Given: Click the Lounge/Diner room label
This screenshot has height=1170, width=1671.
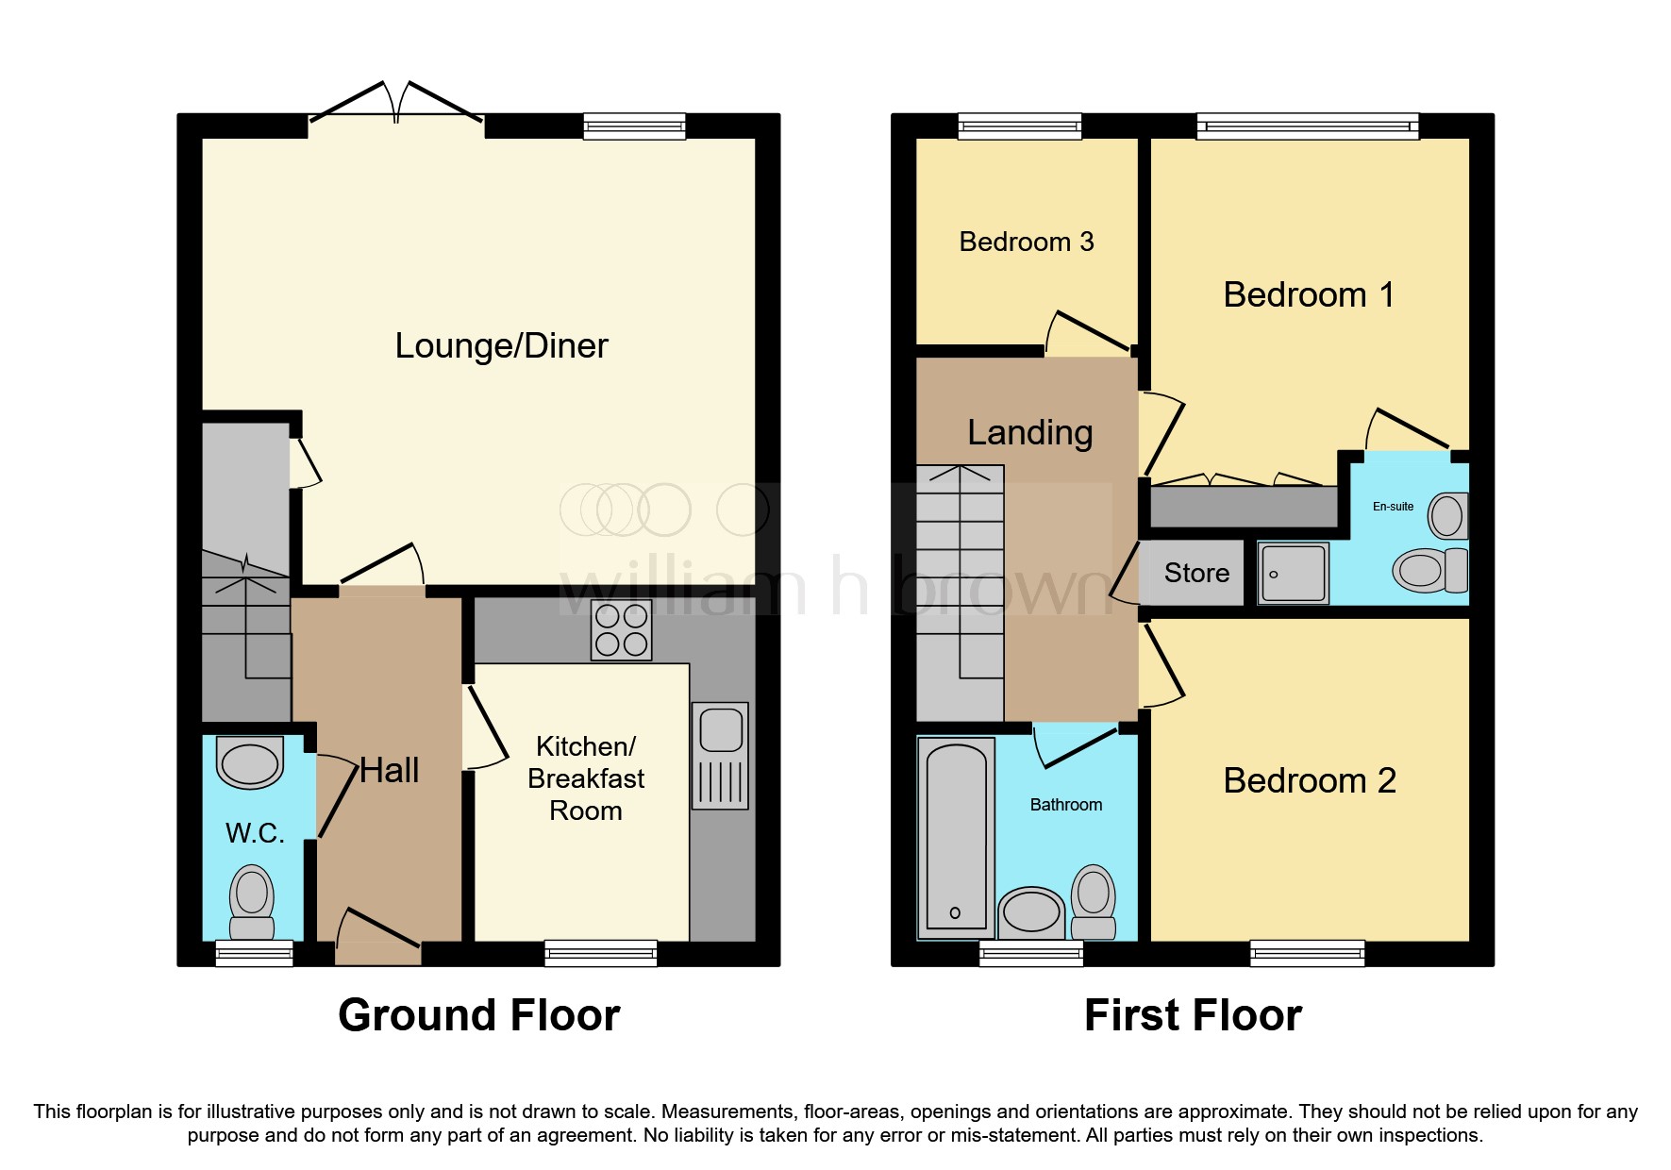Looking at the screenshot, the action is [x=501, y=346].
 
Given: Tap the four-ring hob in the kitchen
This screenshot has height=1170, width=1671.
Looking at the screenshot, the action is [x=622, y=630].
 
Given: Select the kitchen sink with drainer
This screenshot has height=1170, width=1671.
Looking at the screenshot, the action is [x=720, y=756].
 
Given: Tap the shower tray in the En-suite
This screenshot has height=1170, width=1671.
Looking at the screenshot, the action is [x=1294, y=573].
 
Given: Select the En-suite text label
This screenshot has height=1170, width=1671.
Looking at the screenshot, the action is [x=1393, y=507].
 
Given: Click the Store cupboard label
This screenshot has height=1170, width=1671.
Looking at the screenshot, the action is [x=1196, y=573].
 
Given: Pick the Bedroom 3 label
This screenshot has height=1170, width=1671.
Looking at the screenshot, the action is [x=1027, y=242].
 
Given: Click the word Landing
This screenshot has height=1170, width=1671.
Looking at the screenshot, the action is [x=1030, y=433].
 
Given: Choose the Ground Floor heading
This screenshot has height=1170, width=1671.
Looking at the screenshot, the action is [x=479, y=1015].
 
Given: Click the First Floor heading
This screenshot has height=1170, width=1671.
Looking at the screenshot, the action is [x=1193, y=1015].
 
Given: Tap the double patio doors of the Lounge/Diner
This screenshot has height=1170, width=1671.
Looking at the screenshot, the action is [x=397, y=104].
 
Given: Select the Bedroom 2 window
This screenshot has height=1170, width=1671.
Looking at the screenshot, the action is [x=1308, y=953].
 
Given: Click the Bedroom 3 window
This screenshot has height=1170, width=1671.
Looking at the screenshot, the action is [x=1020, y=126].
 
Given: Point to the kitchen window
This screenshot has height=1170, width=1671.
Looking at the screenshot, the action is [x=601, y=953].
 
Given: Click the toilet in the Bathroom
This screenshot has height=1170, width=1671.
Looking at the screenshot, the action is [x=1094, y=902].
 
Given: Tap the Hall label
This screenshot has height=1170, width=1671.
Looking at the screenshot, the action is [x=389, y=771].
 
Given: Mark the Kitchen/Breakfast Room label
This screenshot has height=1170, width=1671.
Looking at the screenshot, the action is [x=586, y=778].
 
